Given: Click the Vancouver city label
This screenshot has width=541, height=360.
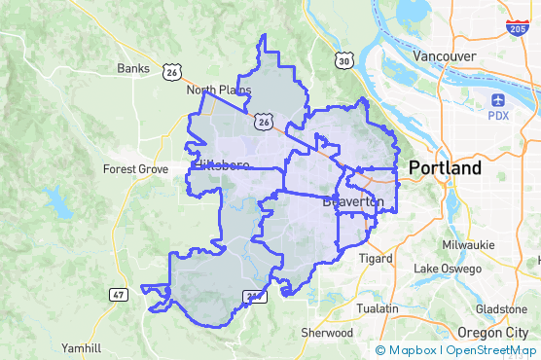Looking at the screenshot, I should point(444,55).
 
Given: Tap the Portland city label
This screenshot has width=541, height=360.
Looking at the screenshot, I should point(445,168).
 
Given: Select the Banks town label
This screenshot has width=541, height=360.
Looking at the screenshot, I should point(132,68).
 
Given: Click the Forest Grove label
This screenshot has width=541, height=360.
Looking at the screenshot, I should point(135,168).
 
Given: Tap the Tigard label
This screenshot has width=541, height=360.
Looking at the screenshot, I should point(375,259).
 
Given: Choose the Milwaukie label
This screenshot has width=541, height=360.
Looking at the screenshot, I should point(468,244).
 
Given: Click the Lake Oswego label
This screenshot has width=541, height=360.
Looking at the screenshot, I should point(448,269).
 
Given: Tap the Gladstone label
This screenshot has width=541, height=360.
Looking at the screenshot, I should point(502,308).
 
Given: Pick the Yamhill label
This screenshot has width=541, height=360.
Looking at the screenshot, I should point(81,347).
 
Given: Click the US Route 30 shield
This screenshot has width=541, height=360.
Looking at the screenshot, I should point(344,61).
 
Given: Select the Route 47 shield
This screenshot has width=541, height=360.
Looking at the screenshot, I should point(119,294).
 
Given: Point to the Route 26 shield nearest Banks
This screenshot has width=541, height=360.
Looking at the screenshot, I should point(172,71).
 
